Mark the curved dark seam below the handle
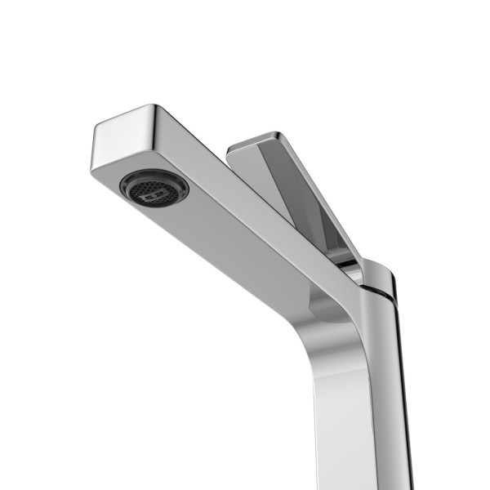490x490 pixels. [x=377, y=291]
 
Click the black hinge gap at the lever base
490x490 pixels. [x=350, y=263]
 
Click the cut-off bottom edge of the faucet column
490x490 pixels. [x=359, y=487]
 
